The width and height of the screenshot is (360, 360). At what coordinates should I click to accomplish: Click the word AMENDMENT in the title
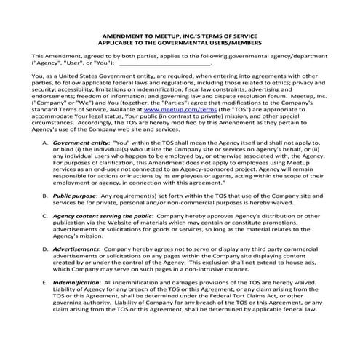pos(122,35)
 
